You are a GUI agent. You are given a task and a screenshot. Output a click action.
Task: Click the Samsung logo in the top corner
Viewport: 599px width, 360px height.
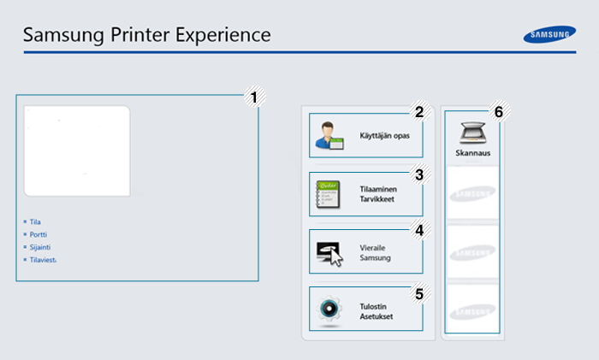549,34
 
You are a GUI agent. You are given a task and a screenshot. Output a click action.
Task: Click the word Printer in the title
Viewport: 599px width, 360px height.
139,35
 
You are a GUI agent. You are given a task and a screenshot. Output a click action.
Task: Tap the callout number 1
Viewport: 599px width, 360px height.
254,97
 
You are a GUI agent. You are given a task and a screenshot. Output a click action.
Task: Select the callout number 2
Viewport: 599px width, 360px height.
419,112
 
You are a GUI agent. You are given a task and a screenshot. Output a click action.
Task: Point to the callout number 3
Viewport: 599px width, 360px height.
419,174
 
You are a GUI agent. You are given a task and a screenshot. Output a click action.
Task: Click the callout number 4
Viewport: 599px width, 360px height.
419,230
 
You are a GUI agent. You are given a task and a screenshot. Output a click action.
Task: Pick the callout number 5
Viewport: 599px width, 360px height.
419,294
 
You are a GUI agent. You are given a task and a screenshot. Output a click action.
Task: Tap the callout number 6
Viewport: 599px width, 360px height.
499,112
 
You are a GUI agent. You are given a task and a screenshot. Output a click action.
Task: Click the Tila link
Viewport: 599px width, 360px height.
35,221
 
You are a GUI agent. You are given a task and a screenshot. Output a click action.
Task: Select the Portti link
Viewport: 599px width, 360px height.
39,234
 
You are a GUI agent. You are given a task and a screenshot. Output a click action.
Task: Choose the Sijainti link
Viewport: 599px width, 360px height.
40,247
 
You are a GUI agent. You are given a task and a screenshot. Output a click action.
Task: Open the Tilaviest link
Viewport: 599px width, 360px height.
43,260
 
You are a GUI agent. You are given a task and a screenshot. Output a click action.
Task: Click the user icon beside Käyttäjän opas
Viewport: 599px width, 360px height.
329,135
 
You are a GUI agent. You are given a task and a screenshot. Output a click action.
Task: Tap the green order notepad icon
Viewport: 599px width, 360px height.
328,194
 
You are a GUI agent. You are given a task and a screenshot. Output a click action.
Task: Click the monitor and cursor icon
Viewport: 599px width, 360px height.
329,253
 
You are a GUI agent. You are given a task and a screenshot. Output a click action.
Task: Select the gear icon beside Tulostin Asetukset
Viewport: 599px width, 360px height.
329,310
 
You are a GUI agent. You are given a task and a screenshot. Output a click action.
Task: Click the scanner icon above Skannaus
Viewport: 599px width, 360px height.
473,133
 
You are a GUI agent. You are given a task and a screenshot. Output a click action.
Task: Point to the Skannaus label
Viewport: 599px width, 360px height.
473,153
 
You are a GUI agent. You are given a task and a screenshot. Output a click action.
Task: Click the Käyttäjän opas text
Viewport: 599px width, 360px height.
385,136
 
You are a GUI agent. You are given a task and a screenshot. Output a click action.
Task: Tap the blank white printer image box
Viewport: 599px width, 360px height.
77,151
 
